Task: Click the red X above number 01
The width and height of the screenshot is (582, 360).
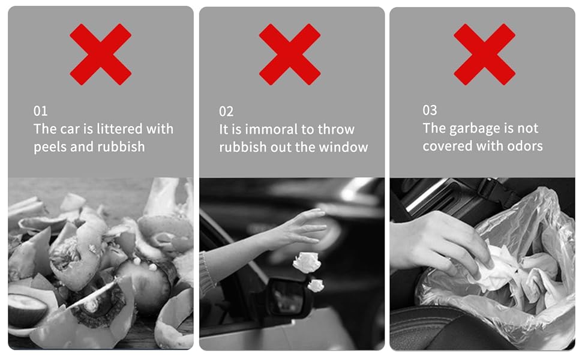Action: coord(101,55)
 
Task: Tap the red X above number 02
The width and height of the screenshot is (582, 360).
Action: coord(290,55)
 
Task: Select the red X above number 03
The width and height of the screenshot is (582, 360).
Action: coord(484,55)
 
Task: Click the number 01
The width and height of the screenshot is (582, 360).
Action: coord(40,111)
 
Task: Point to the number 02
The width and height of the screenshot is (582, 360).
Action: coord(226,112)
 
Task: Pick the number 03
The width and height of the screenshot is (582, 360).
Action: coord(430,110)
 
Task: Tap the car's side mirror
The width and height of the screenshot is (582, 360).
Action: coord(287,296)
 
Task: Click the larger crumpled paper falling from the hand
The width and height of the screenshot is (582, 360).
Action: coord(307,262)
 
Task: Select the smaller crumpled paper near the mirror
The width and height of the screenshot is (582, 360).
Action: coord(316,286)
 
